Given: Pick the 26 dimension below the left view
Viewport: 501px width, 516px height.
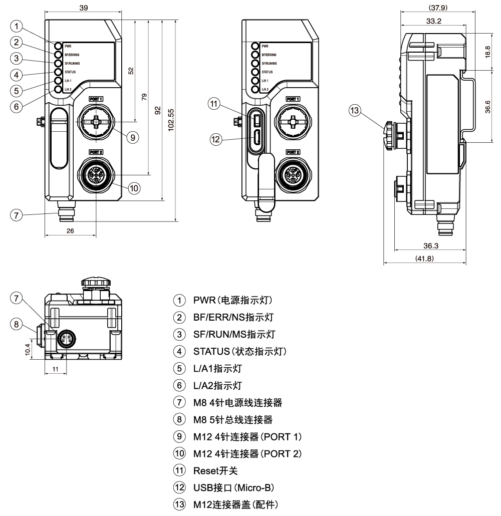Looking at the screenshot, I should pyautogui.click(x=70, y=230).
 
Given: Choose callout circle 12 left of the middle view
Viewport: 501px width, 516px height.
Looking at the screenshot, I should pyautogui.click(x=214, y=140).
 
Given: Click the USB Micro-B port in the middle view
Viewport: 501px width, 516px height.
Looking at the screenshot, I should pyautogui.click(x=256, y=137).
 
